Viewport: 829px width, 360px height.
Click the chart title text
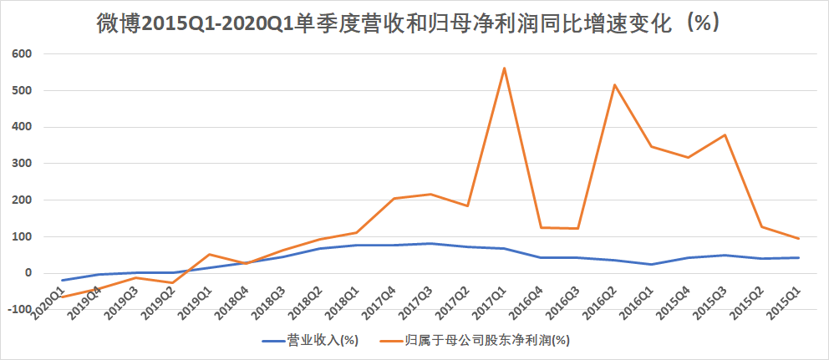[x=409, y=24]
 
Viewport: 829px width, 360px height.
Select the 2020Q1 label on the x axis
[x=47, y=302]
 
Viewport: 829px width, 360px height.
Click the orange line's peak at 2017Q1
[x=505, y=68]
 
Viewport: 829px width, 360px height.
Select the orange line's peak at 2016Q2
[x=614, y=84]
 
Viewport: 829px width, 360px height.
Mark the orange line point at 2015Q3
[x=725, y=135]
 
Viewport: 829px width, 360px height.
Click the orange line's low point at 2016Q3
[x=578, y=229]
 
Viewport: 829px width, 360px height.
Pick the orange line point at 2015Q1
[x=798, y=239]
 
